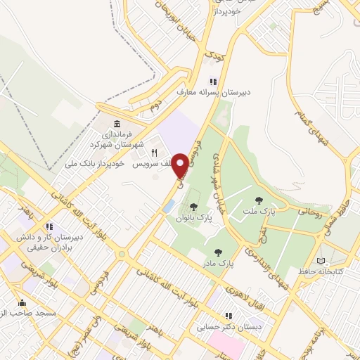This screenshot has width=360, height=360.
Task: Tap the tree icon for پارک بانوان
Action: [193, 206]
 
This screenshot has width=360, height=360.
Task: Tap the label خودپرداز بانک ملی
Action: [98, 162]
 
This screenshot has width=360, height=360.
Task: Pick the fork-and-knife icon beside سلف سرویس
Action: [154, 153]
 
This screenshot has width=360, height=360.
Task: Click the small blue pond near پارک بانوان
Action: [169, 206]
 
